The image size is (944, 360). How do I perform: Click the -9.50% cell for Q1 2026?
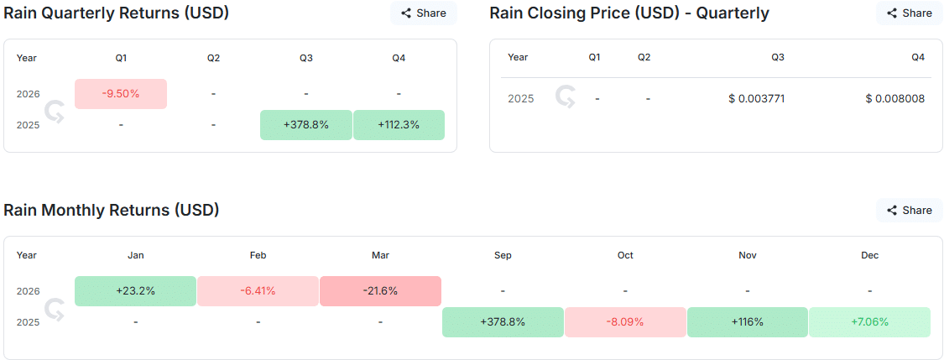pyautogui.click(x=121, y=94)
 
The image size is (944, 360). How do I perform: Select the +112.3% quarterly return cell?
pyautogui.click(x=399, y=125)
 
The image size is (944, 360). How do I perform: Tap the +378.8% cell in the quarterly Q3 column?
pyautogui.click(x=305, y=125)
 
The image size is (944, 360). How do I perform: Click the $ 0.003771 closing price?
pyautogui.click(x=756, y=99)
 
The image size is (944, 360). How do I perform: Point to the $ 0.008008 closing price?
pyautogui.click(x=894, y=99)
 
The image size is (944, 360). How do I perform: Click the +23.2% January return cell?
pyautogui.click(x=135, y=291)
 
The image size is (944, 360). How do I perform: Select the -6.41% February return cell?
pyautogui.click(x=258, y=291)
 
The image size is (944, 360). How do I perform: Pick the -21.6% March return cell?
pyautogui.click(x=380, y=291)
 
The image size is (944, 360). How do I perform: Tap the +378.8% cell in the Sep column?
pyautogui.click(x=503, y=322)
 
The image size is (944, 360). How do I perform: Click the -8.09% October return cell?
pyautogui.click(x=625, y=322)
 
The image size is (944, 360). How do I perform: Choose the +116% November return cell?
pyautogui.click(x=747, y=322)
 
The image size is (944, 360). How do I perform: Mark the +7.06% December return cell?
pyautogui.click(x=869, y=322)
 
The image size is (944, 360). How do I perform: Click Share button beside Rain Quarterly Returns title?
pyautogui.click(x=424, y=13)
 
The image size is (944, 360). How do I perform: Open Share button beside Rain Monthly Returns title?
pyautogui.click(x=910, y=211)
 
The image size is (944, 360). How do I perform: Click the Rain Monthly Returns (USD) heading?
pyautogui.click(x=112, y=210)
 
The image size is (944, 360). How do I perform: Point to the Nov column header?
pyautogui.click(x=747, y=255)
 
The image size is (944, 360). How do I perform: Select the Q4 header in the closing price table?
pyautogui.click(x=917, y=57)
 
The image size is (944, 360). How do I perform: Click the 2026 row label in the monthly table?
pyautogui.click(x=28, y=291)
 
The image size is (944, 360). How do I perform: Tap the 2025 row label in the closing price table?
pyautogui.click(x=520, y=99)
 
